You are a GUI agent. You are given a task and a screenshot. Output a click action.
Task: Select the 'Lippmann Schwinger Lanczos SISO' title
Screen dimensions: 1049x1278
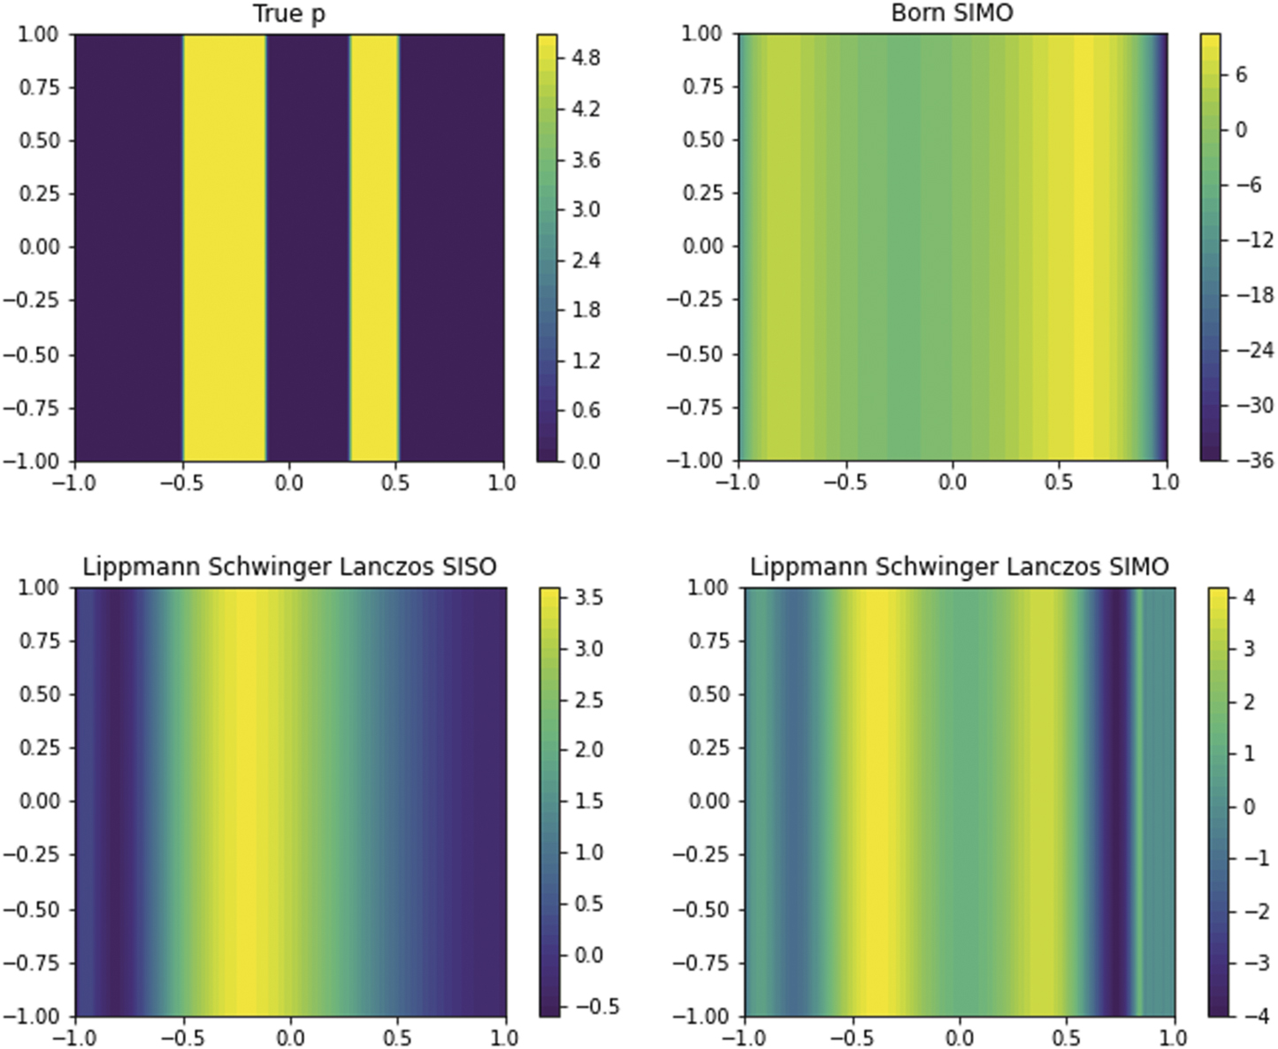click(x=289, y=567)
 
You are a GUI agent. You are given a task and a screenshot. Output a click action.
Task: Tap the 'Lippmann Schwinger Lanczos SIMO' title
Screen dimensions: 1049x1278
click(x=960, y=567)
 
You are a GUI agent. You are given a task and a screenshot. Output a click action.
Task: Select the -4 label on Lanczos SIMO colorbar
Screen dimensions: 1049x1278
click(x=1244, y=1015)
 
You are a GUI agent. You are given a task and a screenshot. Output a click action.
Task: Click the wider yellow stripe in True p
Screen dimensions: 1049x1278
click(x=225, y=248)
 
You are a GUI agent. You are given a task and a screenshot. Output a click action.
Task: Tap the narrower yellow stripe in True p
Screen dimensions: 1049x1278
click(x=374, y=248)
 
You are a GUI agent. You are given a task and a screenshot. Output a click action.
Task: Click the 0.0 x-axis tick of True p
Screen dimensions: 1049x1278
click(x=289, y=483)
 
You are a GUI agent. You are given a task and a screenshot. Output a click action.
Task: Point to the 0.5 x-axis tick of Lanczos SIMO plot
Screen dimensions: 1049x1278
click(x=1068, y=1037)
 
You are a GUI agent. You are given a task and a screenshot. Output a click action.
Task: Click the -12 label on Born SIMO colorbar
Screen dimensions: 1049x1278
click(x=1253, y=240)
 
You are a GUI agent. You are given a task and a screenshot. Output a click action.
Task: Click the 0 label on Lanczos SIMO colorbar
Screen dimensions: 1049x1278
click(x=1249, y=806)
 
